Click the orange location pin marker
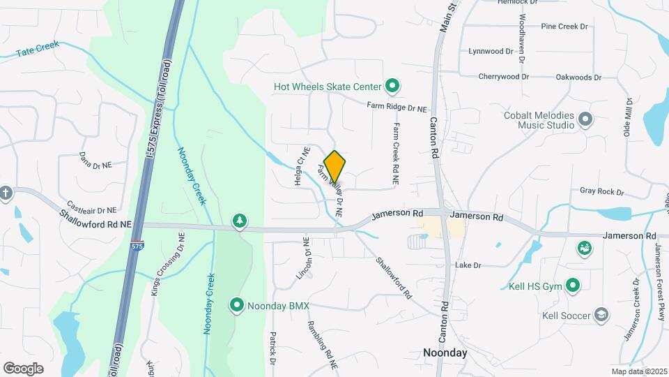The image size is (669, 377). tap(334, 166)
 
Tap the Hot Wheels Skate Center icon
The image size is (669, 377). tap(392, 87)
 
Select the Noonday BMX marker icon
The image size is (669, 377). tap(236, 305)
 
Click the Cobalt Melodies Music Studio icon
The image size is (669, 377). tap(585, 119)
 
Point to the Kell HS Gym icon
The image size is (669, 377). tap(573, 285)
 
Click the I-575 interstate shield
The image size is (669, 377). tap(137, 246)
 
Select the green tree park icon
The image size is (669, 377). tap(240, 221)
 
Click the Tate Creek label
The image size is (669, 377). tap(38, 49)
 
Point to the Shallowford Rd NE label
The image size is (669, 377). tap(95, 224)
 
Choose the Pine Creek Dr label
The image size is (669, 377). tap(564, 26)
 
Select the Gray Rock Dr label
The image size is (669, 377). tap(601, 191)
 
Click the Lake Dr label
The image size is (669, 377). tap(468, 265)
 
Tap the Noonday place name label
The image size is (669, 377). tap(445, 353)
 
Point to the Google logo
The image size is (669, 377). tap(23, 368)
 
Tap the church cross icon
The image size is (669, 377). tap(6, 193)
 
